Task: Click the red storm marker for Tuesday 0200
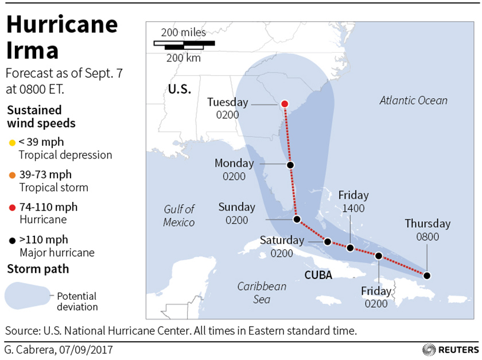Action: [284, 104]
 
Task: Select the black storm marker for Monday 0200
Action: [290, 165]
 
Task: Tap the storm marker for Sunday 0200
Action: [297, 219]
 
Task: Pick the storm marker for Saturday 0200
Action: [328, 242]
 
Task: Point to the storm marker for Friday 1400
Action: [350, 248]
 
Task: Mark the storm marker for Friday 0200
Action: [378, 256]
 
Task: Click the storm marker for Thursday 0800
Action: [426, 276]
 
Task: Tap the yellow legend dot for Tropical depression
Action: [11, 142]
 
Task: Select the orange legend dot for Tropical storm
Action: [11, 175]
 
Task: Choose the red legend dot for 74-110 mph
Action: [11, 207]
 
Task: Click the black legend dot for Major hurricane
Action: [11, 239]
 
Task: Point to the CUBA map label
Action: [318, 275]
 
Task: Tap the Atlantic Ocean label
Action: [413, 100]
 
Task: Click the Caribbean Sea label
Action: [262, 292]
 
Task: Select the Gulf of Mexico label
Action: [179, 215]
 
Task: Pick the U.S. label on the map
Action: [179, 90]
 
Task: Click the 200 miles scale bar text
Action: [183, 32]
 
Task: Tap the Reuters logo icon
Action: [429, 349]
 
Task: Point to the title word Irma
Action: [33, 51]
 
